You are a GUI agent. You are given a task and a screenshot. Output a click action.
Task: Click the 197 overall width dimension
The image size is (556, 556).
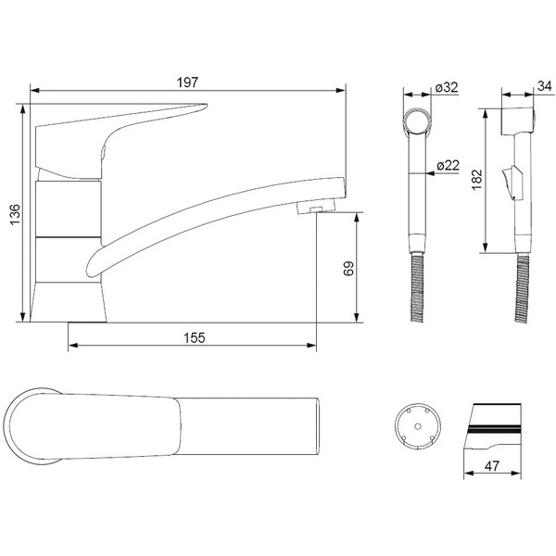[x=187, y=82]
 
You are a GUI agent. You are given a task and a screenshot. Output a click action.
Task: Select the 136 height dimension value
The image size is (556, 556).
[x=15, y=214]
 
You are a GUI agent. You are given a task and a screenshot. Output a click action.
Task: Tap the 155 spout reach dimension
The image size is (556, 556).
[x=195, y=337]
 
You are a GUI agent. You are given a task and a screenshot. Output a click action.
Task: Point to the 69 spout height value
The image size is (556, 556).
[x=349, y=269]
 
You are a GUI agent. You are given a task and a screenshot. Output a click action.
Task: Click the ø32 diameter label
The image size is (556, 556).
[x=447, y=87]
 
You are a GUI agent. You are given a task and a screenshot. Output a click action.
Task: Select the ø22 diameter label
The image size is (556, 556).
[x=449, y=165]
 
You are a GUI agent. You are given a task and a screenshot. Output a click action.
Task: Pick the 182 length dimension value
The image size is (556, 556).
[x=477, y=180]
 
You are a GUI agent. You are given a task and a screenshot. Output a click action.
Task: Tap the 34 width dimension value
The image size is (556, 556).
[x=545, y=86]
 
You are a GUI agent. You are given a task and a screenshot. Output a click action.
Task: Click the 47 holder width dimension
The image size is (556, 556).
[x=492, y=465]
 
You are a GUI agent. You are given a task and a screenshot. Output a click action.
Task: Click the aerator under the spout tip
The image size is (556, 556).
[x=316, y=207]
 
